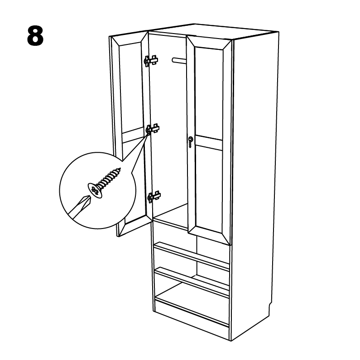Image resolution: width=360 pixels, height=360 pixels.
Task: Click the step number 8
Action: point(35,36)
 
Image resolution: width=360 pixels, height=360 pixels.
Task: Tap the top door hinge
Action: point(151,61)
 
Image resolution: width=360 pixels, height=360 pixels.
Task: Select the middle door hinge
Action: point(153,129)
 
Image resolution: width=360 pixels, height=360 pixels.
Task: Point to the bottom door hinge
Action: point(154,197)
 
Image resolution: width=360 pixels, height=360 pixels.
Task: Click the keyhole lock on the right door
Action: point(191,142)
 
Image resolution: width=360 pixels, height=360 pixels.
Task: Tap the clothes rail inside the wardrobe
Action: point(179,61)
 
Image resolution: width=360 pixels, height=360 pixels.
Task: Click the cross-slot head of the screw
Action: point(95,190)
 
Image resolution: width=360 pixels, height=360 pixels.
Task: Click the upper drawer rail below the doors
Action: point(192,256)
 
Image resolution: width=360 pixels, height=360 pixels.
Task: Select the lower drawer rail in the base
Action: point(192,282)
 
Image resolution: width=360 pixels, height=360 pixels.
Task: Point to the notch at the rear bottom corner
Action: point(270,306)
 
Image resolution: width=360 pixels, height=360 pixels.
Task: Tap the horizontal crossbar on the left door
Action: point(133,136)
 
